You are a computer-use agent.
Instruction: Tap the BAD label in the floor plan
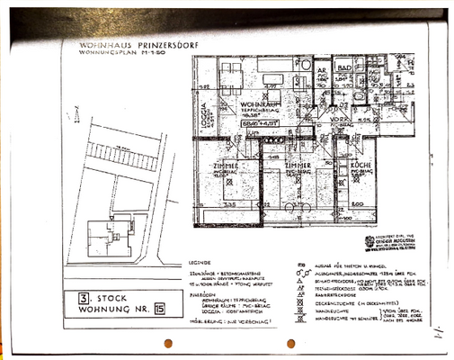pyautogui.click(x=343, y=67)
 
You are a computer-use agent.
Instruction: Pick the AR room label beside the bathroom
pyautogui.click(x=321, y=68)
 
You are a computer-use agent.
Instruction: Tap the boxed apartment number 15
pyautogui.click(x=159, y=309)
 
